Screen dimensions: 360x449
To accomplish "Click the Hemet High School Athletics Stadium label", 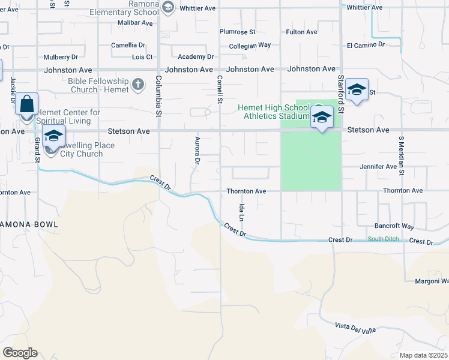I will point(273,112).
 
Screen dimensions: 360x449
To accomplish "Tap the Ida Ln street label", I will point(241,212).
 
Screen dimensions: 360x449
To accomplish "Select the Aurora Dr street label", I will point(197,149).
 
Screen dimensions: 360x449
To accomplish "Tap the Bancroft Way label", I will point(394,227).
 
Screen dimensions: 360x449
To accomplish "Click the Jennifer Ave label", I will point(378,166).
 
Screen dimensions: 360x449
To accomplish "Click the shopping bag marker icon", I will point(27,104).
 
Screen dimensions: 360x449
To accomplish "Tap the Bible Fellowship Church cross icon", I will point(138,84).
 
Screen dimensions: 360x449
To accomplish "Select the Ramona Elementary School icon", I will point(168,7).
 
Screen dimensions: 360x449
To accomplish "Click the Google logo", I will point(20,353).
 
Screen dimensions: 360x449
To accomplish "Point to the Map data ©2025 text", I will point(424,355).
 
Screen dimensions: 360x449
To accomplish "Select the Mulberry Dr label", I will point(61,58).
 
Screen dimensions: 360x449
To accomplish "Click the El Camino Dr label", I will point(366,44).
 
